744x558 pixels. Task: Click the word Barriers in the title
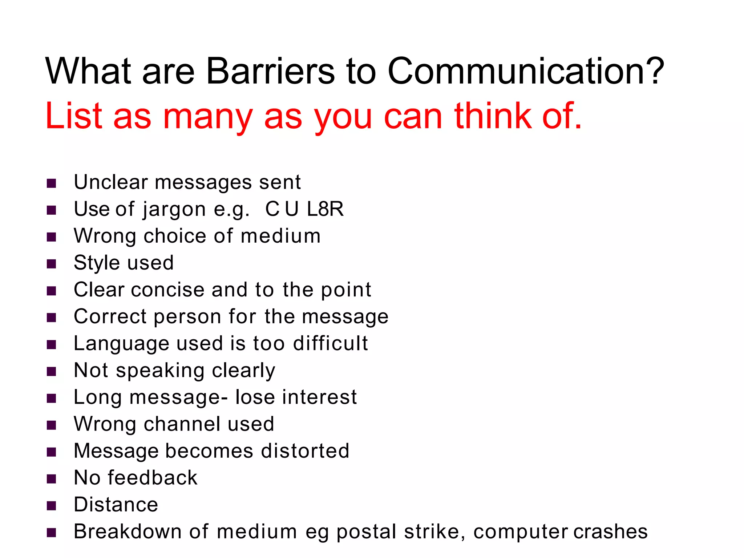pos(270,71)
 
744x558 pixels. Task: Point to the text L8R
pos(325,209)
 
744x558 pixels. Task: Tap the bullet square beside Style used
pos(51,263)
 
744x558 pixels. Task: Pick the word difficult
pos(330,343)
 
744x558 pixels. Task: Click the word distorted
pos(305,451)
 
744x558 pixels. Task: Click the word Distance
pos(116,505)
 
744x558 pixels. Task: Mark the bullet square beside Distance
pos(51,506)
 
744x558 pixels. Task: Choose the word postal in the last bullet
pos(366,532)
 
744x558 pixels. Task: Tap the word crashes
pos(611,531)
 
